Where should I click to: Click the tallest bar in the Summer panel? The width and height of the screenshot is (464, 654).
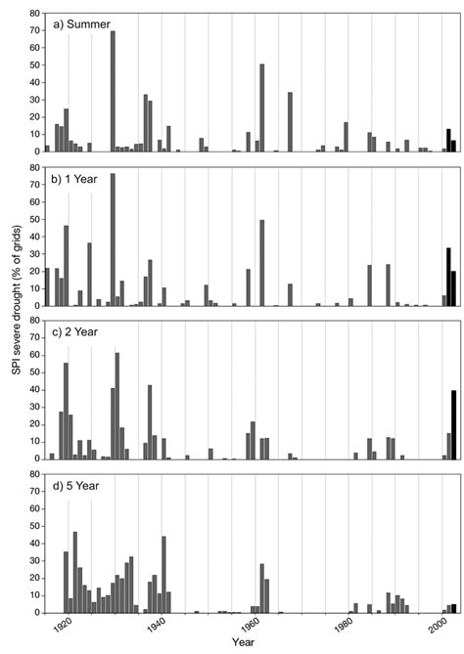click(113, 92)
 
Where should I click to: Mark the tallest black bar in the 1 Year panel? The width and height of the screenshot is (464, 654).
click(448, 278)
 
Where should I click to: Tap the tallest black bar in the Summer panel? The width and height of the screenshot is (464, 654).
click(448, 141)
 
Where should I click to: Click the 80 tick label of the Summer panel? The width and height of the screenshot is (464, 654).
click(34, 14)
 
